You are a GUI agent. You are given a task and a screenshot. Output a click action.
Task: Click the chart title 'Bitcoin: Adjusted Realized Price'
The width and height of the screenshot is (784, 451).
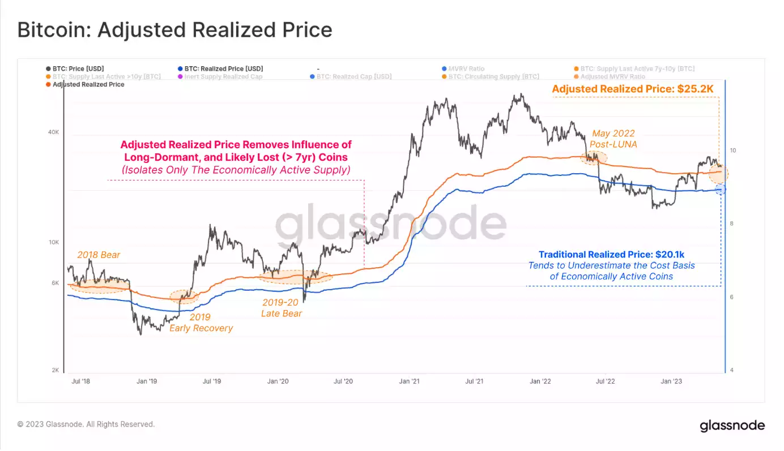[174, 30]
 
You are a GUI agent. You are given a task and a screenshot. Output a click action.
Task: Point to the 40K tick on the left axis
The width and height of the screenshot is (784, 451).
[53, 132]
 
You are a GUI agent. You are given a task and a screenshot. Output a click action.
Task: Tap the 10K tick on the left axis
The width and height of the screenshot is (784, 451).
[53, 243]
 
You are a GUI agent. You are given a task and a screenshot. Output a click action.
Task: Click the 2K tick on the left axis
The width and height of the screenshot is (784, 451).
[55, 370]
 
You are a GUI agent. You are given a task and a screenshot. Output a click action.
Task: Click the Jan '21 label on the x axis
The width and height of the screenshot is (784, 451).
[409, 381]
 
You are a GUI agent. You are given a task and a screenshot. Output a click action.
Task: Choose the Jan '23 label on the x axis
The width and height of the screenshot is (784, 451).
[671, 381]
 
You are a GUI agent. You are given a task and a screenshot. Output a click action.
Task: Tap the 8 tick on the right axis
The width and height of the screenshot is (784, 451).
[732, 224]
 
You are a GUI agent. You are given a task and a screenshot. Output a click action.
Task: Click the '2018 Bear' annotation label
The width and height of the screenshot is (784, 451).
[99, 255]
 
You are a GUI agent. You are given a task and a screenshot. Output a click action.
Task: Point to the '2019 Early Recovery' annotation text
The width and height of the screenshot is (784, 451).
[201, 323]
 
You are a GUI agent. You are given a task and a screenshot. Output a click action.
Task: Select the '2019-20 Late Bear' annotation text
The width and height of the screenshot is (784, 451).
[282, 308]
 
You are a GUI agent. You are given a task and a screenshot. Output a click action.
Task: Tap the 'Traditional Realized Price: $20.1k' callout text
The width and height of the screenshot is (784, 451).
[611, 255]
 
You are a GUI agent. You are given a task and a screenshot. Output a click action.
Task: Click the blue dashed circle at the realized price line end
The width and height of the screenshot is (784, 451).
[721, 190]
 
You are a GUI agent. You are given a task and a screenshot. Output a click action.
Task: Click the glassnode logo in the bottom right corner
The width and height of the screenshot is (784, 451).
[732, 426]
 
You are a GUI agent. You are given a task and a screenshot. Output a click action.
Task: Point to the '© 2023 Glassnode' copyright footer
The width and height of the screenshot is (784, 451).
[86, 424]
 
